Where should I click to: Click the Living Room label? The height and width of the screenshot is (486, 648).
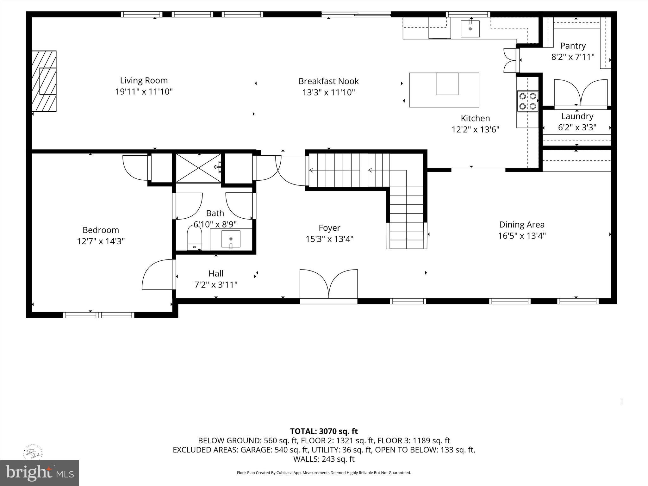pyautogui.click(x=144, y=80)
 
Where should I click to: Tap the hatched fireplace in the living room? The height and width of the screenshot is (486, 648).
pyautogui.click(x=44, y=81)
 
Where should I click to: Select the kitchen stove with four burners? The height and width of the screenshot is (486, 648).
pyautogui.click(x=527, y=101)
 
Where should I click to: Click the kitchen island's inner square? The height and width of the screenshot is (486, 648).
pyautogui.click(x=447, y=84)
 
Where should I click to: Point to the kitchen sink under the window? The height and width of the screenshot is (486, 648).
pyautogui.click(x=470, y=29)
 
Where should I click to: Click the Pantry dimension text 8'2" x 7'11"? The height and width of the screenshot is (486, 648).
pyautogui.click(x=573, y=57)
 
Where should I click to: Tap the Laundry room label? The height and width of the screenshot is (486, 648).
pyautogui.click(x=577, y=116)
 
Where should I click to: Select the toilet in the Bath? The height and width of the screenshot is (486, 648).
pyautogui.click(x=194, y=238)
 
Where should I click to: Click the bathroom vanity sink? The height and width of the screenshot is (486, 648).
pyautogui.click(x=231, y=239)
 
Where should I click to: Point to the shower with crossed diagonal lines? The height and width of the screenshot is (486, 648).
pyautogui.click(x=198, y=168)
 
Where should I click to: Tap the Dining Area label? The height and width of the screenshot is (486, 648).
pyautogui.click(x=522, y=225)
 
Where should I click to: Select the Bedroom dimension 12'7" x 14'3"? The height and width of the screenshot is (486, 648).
pyautogui.click(x=101, y=241)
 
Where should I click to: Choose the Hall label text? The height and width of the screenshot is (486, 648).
pyautogui.click(x=216, y=273)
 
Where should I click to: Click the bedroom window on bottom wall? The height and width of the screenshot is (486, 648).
pyautogui.click(x=99, y=315)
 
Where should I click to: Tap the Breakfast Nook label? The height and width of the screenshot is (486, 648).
pyautogui.click(x=328, y=81)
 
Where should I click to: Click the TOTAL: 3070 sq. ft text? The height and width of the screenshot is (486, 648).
pyautogui.click(x=324, y=431)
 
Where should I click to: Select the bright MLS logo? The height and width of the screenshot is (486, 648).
pyautogui.click(x=39, y=473)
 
